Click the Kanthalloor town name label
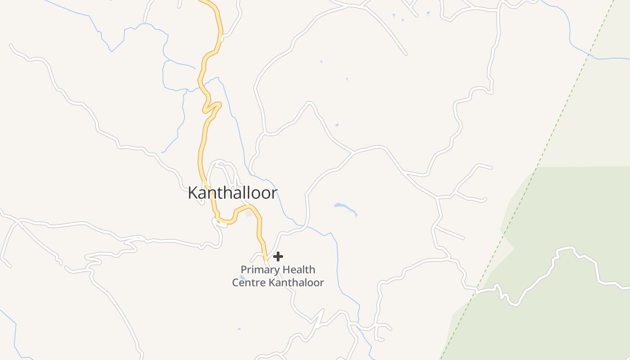tap(232, 193)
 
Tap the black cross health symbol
tap(278, 256)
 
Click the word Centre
tap(248, 283)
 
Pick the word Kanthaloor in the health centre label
tap(297, 283)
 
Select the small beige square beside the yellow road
tap(248, 214)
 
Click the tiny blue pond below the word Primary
tap(243, 277)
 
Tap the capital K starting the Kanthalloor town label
tap(193, 193)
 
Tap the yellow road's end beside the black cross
tap(265, 258)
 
